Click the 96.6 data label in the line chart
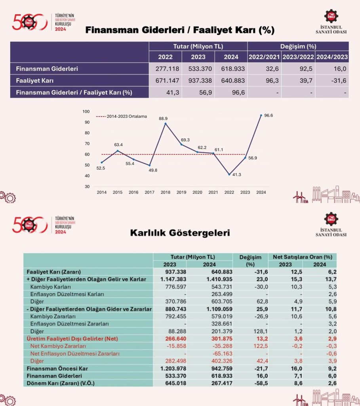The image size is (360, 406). click(269, 115)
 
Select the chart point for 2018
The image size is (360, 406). click(166, 123)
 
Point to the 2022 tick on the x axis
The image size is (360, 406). click(229, 192)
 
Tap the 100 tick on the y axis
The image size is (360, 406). click(86, 111)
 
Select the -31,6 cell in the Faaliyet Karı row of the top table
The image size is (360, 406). click(332, 80)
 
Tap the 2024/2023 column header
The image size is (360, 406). click(332, 57)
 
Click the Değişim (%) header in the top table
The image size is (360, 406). click(298, 46)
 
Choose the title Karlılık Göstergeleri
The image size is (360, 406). click(180, 233)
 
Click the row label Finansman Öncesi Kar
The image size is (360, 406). click(54, 369)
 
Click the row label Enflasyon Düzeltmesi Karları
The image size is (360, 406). click(67, 294)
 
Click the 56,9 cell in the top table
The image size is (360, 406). click(198, 92)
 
